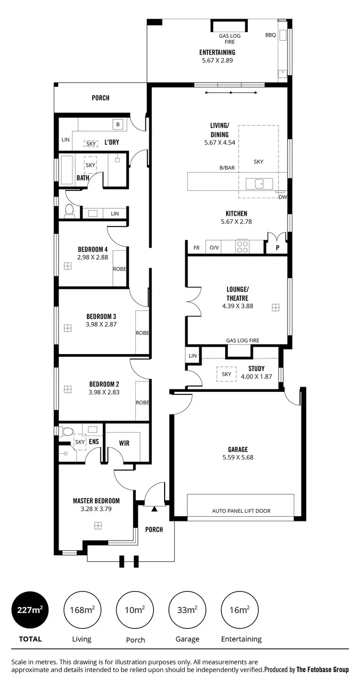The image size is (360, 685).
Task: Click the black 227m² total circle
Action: tap(31, 610)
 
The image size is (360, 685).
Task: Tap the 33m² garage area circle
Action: tap(187, 610)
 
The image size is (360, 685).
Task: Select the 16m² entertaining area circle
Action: tap(240, 610)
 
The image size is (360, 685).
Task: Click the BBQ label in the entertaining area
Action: tap(271, 35)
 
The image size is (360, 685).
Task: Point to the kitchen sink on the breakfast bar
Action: tap(259, 183)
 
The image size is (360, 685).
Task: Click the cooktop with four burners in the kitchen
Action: tap(242, 247)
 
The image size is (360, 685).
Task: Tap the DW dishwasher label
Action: tap(282, 197)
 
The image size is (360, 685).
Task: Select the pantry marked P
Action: tap(277, 248)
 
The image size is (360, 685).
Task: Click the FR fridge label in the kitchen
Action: tap(196, 248)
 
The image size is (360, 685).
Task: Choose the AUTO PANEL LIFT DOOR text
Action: tap(241, 511)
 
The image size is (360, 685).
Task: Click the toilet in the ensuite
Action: tap(68, 431)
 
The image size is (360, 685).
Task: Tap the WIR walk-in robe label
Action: tap(124, 443)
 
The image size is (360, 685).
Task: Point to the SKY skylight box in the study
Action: tap(227, 374)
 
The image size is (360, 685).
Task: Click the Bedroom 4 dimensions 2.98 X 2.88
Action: tap(93, 257)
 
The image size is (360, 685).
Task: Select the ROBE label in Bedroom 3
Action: tap(142, 333)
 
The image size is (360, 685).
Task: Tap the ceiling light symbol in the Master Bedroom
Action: tap(98, 526)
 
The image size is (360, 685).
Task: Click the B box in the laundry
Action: tap(118, 125)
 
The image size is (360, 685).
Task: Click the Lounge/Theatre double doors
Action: tap(193, 302)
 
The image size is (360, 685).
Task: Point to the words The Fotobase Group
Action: tap(323, 670)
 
